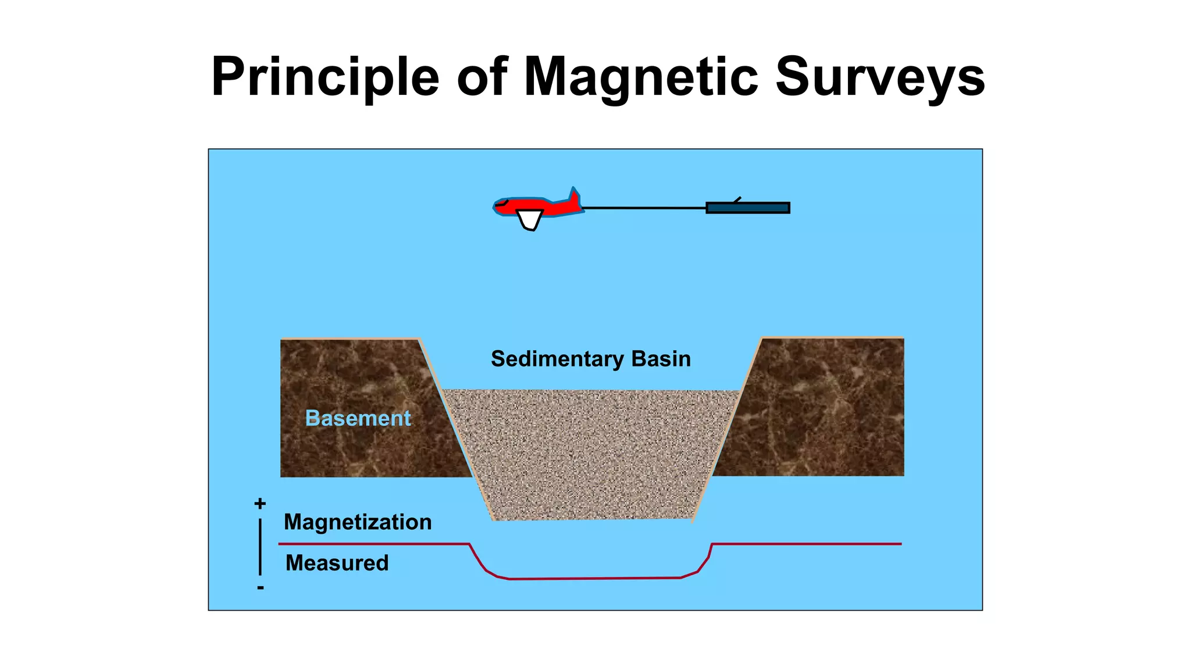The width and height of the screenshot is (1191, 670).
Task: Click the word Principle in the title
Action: click(325, 77)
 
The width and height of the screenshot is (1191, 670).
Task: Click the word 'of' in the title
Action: click(482, 77)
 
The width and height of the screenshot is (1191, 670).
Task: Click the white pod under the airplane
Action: click(530, 220)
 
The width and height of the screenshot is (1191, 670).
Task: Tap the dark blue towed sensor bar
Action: click(748, 208)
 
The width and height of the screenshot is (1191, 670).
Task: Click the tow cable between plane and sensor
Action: click(644, 208)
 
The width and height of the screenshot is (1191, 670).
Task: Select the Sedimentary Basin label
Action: click(591, 359)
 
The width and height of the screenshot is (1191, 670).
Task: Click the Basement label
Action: click(358, 418)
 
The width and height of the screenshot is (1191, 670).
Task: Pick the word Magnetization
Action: click(358, 522)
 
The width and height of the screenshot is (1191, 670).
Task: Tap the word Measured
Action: click(337, 563)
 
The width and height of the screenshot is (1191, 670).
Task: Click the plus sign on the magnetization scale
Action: click(260, 504)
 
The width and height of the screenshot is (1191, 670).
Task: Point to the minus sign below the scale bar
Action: click(261, 588)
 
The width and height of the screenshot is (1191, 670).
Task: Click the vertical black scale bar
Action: click(260, 547)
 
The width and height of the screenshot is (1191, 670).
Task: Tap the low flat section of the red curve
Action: click(593, 578)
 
